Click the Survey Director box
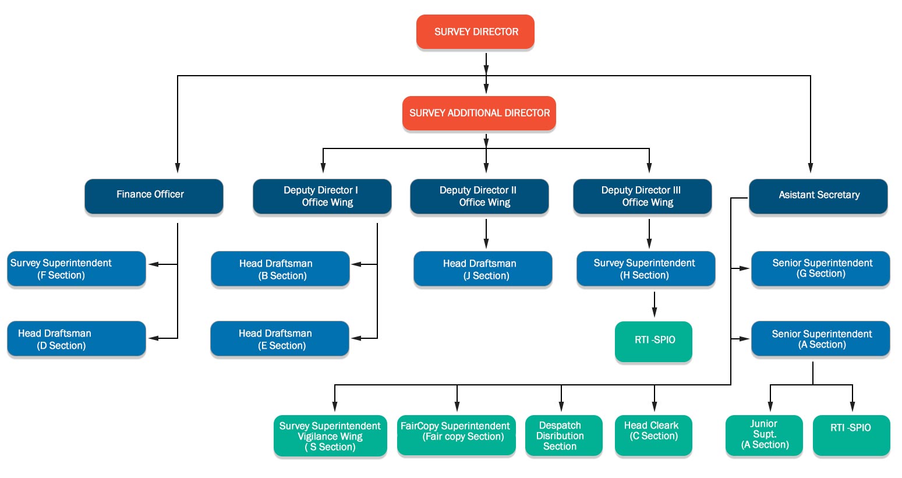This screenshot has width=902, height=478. pos(475,32)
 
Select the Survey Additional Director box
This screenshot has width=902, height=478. pos(479,113)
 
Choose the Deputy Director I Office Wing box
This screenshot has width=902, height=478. pos(322,196)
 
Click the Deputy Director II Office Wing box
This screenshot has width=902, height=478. pos(479,196)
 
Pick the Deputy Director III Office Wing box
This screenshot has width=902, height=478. pos(642,196)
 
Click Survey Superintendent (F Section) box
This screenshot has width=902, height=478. pos(76,269)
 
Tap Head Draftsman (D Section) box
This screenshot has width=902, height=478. pos(76,339)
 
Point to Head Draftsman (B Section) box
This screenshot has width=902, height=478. pos(280,269)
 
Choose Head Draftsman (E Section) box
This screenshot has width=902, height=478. pos(280,339)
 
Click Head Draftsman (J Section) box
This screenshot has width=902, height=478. pos(483,269)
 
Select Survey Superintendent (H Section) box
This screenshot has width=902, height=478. pos(646,269)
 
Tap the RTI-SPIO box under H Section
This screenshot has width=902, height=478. pos(653,341)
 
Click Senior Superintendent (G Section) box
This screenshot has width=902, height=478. pos(820,268)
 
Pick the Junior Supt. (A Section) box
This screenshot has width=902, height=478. pos(764,435)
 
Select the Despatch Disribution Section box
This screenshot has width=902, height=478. pos(563,435)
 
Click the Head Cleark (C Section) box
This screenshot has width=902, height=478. pos(653,435)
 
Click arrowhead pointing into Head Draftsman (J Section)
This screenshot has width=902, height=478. pos(486,245)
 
